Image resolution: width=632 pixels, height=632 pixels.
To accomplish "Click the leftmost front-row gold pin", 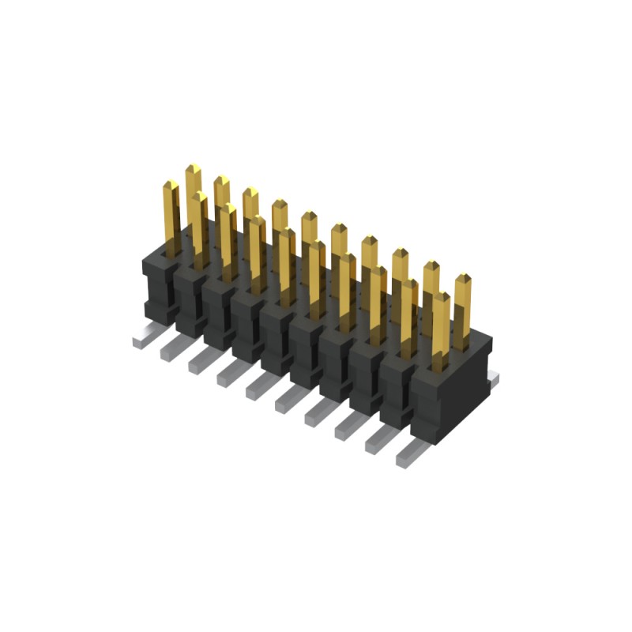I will [x=171, y=217].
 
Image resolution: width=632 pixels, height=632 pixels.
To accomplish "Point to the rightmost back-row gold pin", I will [x=463, y=308].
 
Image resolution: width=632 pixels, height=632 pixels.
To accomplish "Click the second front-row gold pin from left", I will [x=199, y=229].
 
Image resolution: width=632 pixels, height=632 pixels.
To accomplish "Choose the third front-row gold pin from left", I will [x=228, y=241].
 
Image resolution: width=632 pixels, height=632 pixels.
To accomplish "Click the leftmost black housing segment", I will [x=159, y=284].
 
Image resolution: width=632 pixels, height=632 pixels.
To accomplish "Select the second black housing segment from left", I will [x=190, y=300].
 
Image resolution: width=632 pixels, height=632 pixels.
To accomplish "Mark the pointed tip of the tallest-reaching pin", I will [x=193, y=167].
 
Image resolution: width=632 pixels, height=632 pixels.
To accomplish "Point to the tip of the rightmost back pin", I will [x=463, y=277].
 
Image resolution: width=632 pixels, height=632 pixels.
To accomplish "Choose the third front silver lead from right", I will [x=348, y=427].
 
